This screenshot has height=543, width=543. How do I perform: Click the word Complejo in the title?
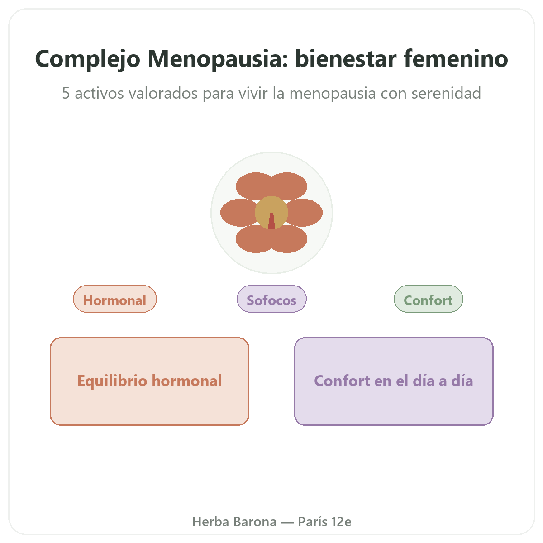pos(88,59)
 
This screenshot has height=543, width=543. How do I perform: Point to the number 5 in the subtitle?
pos(66,93)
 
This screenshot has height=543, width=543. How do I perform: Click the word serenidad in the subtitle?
pos(446,93)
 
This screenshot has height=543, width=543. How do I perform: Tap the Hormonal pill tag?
pos(114,299)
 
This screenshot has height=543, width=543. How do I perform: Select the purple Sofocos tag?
pos(271,299)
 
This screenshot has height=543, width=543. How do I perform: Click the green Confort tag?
pos(428,299)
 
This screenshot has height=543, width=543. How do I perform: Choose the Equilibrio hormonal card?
pos(149,381)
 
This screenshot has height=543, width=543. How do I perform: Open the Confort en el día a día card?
pos(394,381)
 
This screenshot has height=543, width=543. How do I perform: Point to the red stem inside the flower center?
pos(271,221)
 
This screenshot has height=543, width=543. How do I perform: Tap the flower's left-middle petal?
pos(238,213)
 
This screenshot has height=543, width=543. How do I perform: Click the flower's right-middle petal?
pos(305,213)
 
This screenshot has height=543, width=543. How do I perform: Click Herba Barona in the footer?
pos(234,522)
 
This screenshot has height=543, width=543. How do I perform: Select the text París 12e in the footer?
pos(324,522)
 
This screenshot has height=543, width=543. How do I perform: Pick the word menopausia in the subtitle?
pos(333,94)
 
